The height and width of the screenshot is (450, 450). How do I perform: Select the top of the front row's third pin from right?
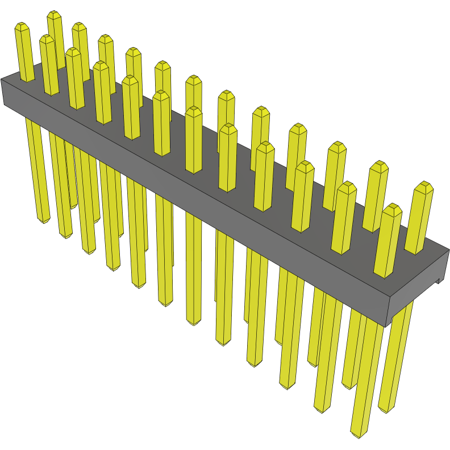pos(305,165)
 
